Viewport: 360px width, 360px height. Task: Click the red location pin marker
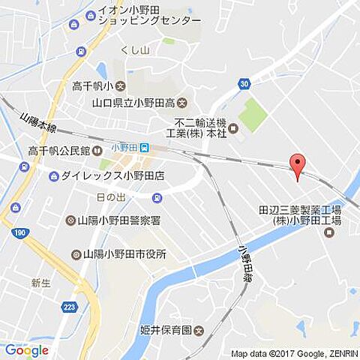click(x=298, y=166)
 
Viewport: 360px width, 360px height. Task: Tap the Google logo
click(x=26, y=350)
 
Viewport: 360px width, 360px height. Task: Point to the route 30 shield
click(x=244, y=84)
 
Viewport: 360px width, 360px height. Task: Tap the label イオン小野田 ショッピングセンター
click(x=148, y=16)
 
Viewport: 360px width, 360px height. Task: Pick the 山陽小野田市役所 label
click(x=124, y=254)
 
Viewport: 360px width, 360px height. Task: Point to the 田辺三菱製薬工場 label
click(x=300, y=216)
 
